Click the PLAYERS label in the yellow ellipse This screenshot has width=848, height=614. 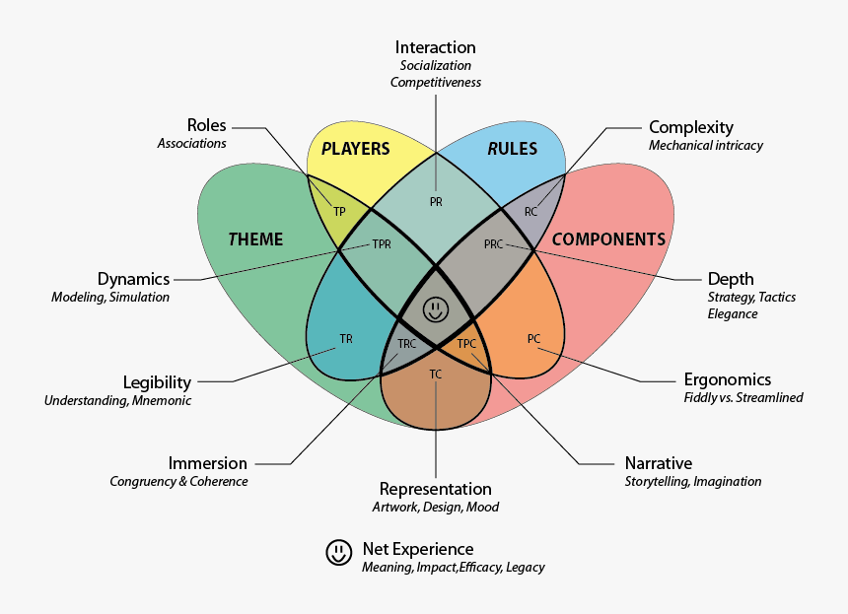pyautogui.click(x=357, y=150)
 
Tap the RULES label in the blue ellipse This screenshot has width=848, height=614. pyautogui.click(x=513, y=149)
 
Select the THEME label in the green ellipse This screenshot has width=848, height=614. pyautogui.click(x=255, y=239)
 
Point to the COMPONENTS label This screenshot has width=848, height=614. pyautogui.click(x=608, y=239)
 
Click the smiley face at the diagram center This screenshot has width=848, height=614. pyautogui.click(x=436, y=308)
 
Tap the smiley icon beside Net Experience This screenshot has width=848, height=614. pyautogui.click(x=339, y=553)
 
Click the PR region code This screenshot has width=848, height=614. pyautogui.click(x=436, y=201)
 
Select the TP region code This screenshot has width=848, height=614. pyautogui.click(x=339, y=212)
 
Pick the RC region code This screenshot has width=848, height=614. pyautogui.click(x=531, y=212)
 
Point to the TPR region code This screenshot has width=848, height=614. pyautogui.click(x=382, y=244)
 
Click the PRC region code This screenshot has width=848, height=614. pyautogui.click(x=494, y=244)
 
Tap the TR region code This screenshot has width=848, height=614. pyautogui.click(x=346, y=339)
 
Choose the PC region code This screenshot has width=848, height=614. pyautogui.click(x=533, y=339)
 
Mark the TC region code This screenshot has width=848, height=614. pyautogui.click(x=436, y=375)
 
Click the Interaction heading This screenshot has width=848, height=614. pyautogui.click(x=435, y=47)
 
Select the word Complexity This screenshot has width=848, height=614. pyautogui.click(x=691, y=127)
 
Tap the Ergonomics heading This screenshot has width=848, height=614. pyautogui.click(x=728, y=379)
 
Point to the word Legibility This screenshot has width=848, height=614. pyautogui.click(x=157, y=382)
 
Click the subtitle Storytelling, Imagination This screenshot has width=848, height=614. pyautogui.click(x=693, y=482)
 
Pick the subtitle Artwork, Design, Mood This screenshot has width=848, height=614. pyautogui.click(x=435, y=508)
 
